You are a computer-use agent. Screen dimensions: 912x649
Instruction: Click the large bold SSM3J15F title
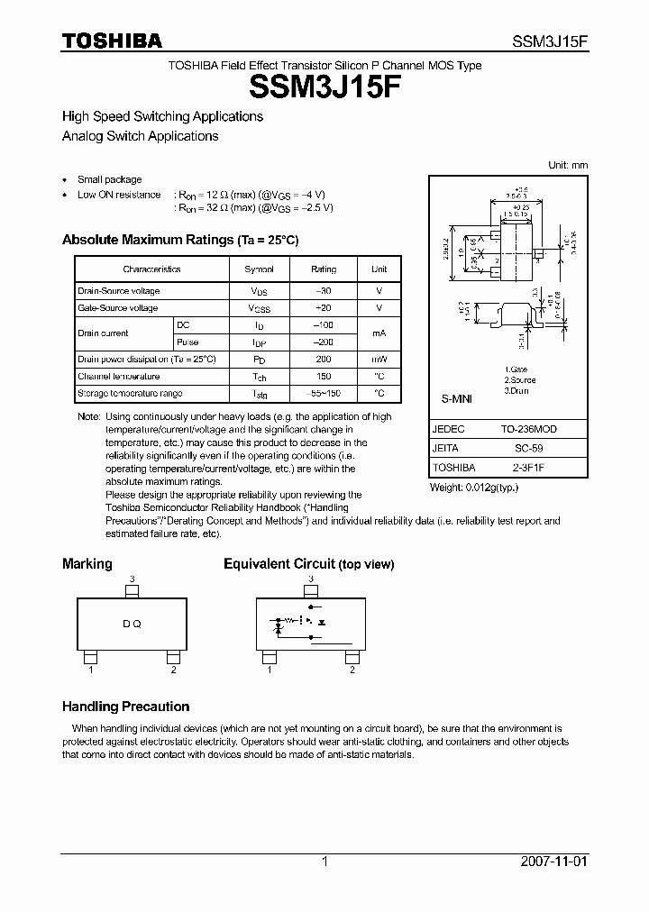324,87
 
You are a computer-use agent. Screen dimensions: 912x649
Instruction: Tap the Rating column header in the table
324,269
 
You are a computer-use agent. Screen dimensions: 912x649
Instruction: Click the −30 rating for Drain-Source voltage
324,291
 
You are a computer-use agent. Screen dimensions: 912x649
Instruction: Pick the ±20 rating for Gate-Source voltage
324,308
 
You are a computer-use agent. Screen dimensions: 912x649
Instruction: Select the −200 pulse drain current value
324,342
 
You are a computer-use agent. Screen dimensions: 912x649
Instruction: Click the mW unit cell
379,359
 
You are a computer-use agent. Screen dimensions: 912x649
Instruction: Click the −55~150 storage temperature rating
324,394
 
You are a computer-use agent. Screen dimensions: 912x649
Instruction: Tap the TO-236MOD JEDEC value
528,430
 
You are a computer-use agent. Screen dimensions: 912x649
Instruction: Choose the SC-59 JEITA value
528,447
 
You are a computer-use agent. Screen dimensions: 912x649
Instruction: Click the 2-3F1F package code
528,468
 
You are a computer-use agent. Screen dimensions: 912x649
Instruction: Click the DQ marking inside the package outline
132,625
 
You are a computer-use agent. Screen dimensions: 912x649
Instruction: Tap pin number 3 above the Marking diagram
132,579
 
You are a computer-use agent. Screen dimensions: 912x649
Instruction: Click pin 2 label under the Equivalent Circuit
352,670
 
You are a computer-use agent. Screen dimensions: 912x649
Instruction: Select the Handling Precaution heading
125,707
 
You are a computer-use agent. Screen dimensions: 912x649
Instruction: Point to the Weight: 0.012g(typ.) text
474,487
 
